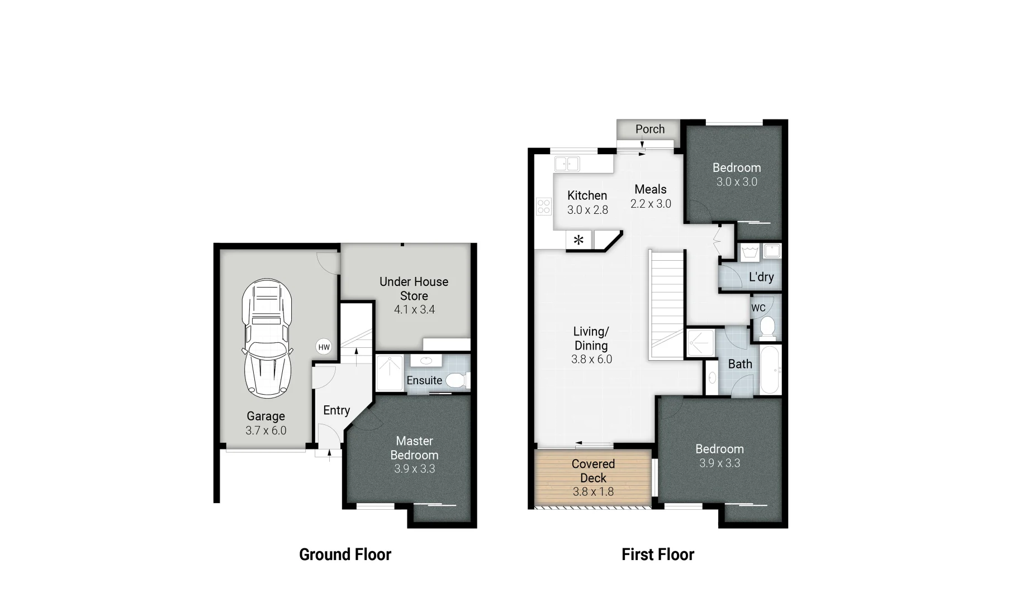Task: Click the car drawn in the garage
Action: [267, 338]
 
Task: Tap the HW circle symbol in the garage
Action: [324, 347]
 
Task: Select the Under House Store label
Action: [414, 289]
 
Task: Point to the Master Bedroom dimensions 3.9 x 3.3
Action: [414, 469]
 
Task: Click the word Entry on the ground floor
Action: [336, 410]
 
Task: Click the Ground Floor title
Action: [345, 554]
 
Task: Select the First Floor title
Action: [658, 554]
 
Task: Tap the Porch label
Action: [650, 129]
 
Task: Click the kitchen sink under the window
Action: [567, 164]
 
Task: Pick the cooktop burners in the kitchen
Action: [543, 207]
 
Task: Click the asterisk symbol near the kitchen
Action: [579, 241]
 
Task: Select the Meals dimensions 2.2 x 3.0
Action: [651, 204]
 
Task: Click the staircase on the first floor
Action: [667, 304]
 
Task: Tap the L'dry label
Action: [761, 277]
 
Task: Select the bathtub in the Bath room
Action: [770, 370]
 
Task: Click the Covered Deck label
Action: [593, 471]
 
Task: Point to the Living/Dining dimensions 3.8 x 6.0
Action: [591, 360]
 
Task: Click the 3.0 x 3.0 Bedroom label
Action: [737, 175]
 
